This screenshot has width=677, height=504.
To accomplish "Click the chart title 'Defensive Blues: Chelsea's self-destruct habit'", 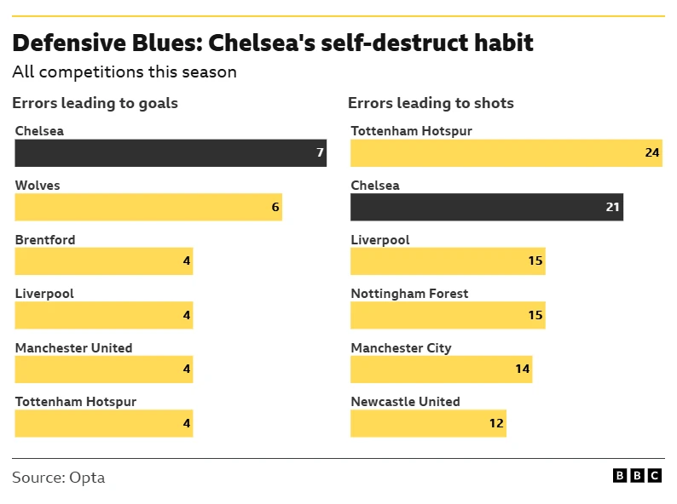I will click(273, 43).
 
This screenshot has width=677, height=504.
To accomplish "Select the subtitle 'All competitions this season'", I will click(124, 72).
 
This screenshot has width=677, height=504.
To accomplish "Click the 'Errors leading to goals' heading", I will click(95, 104).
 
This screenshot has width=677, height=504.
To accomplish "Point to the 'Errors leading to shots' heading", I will click(431, 104).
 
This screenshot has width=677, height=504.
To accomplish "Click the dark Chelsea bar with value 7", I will click(171, 153).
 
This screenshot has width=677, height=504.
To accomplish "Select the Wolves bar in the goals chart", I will click(148, 207).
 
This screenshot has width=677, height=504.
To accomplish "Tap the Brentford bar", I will click(104, 261).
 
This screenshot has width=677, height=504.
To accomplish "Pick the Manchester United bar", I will click(104, 369).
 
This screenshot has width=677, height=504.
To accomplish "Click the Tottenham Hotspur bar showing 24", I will click(506, 153).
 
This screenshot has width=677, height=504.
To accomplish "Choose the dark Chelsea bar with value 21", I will click(487, 207).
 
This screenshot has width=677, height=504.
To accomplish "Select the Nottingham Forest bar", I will click(448, 315).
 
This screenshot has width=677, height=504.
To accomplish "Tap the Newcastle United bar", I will click(428, 423).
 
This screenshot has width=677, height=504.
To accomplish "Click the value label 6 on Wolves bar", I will click(275, 207).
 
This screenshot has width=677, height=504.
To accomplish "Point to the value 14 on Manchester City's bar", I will click(522, 369).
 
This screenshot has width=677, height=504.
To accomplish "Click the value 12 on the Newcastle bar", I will click(496, 423).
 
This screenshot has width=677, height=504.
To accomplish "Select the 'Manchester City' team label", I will click(401, 348).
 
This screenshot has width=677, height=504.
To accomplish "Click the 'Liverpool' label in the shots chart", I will click(380, 240).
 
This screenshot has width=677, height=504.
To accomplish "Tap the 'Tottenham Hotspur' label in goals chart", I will click(76, 402).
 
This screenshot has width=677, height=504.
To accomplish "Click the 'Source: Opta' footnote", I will click(59, 478).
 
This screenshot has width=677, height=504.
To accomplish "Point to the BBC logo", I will click(637, 476).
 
